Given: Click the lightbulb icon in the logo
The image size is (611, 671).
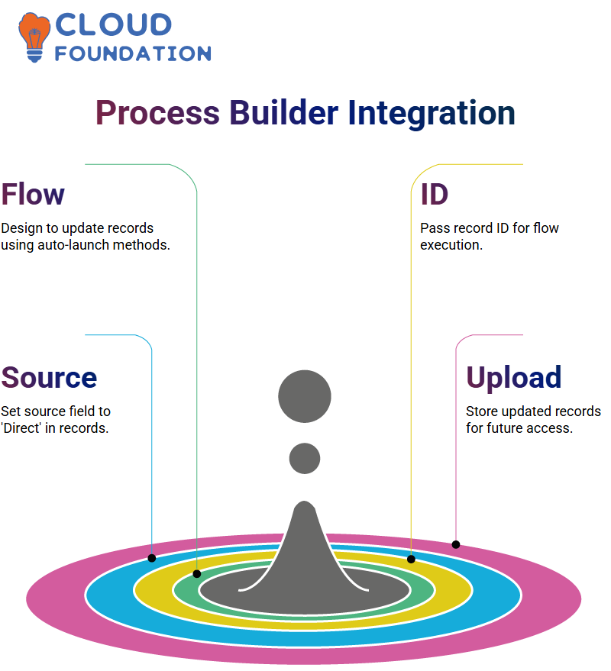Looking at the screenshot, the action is tap(34, 37).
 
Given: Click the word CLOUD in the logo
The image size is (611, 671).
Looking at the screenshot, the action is tap(114, 24).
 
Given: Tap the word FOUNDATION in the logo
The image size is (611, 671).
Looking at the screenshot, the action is tap(133, 53).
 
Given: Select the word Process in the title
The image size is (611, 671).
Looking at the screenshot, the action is tap(157, 112).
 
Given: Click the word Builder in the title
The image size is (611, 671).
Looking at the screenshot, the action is tap(284, 112).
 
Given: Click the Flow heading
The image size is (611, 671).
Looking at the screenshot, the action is tap(33, 195).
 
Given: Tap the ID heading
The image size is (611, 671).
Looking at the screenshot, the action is tap(434, 195).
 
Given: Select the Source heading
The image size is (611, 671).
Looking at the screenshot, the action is tap(49, 377).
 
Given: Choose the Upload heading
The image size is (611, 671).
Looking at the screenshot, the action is tap(514, 377).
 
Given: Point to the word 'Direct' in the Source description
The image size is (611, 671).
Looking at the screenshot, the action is tap(21, 428).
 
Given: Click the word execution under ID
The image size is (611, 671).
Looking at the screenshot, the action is tap(451, 245).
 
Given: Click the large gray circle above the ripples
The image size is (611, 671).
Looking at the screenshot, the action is tap(305, 396).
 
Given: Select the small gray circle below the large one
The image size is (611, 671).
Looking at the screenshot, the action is tap(305, 458).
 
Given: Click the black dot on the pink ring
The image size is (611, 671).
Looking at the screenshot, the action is tap(456, 545).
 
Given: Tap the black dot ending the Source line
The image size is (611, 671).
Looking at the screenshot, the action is tap(151, 558).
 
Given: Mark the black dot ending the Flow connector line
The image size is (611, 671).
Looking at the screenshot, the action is tap(197, 574).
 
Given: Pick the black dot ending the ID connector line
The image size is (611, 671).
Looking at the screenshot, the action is tap(411, 559).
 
